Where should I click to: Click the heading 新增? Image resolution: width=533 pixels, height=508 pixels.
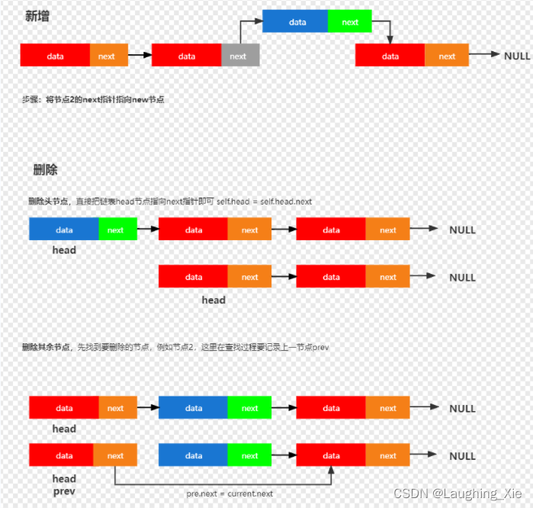37,16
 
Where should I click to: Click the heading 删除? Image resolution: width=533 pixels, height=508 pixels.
45,169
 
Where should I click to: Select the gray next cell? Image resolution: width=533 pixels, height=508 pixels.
238,56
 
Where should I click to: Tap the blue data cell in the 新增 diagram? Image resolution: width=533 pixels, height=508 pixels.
297,22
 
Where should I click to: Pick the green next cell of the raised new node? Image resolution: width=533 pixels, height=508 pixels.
350,22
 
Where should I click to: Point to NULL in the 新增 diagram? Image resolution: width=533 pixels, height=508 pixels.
517,56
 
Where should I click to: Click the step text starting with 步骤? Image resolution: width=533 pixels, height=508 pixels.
93,100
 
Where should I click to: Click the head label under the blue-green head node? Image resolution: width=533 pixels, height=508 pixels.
64,249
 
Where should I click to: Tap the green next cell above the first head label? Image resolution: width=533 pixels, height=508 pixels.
116,230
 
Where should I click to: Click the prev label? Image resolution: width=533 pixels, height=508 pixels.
64,491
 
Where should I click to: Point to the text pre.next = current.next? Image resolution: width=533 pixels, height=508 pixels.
230,494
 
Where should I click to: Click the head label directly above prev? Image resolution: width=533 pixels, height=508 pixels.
64,479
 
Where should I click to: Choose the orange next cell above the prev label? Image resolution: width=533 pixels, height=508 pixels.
115,456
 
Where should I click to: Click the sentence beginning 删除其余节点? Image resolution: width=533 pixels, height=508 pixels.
175,348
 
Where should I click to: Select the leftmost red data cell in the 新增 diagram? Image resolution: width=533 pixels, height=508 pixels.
55,56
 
